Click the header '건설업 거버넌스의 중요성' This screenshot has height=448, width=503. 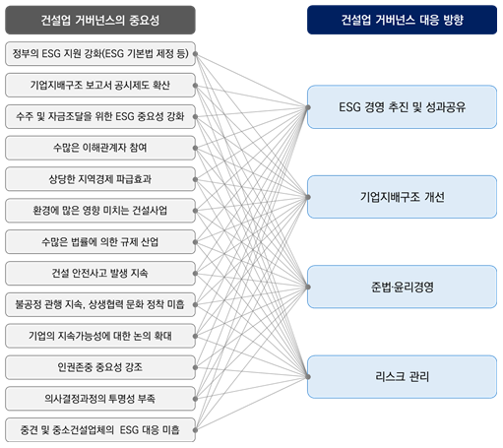(100, 20)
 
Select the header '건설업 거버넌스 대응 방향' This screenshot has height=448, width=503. (402, 20)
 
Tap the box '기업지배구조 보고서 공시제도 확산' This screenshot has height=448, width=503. (100, 86)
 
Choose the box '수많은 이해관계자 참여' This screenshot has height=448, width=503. (100, 148)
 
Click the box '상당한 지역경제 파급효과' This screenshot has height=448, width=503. (100, 179)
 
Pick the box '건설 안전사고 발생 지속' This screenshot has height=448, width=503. (100, 274)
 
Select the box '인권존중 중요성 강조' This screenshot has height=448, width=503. (100, 367)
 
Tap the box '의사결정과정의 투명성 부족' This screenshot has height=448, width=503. (100, 399)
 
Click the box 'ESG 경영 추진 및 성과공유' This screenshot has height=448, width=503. (402, 107)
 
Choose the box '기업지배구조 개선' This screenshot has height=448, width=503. (402, 197)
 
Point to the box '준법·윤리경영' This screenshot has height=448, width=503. (402, 287)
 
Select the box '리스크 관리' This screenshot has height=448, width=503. (402, 377)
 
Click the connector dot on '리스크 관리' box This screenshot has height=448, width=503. (308, 377)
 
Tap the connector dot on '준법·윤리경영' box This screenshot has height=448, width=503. (308, 287)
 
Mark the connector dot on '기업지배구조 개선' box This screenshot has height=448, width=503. (308, 197)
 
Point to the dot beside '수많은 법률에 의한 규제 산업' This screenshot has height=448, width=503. (195, 242)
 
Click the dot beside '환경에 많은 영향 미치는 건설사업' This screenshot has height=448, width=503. (195, 211)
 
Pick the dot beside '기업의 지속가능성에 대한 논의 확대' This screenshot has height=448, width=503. (195, 336)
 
